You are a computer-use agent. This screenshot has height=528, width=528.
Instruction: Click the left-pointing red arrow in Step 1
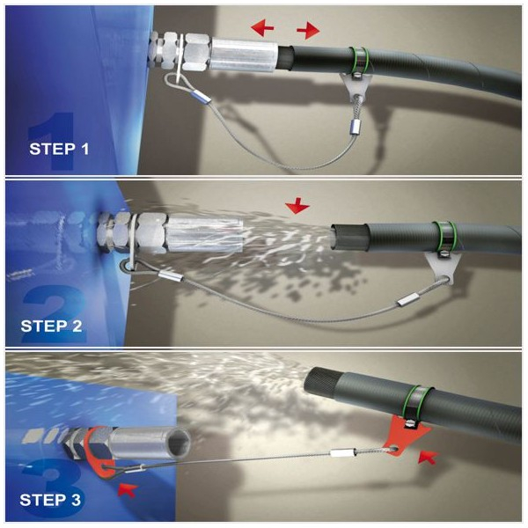(x=262, y=27)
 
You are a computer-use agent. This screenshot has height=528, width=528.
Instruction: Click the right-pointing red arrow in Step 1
(x=308, y=31)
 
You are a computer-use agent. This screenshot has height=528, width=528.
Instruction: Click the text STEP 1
(x=59, y=149)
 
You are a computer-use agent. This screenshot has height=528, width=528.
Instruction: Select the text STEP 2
(x=51, y=326)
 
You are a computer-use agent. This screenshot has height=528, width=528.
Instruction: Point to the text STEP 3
(x=50, y=500)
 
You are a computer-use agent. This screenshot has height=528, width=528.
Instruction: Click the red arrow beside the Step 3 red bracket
(x=428, y=458)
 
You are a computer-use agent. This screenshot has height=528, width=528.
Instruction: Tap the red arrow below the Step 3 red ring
(x=128, y=489)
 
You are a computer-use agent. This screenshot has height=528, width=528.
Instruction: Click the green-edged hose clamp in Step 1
(x=359, y=61)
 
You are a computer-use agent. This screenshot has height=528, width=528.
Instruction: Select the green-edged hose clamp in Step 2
(x=444, y=238)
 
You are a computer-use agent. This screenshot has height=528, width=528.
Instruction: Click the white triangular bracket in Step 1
(x=355, y=87)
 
